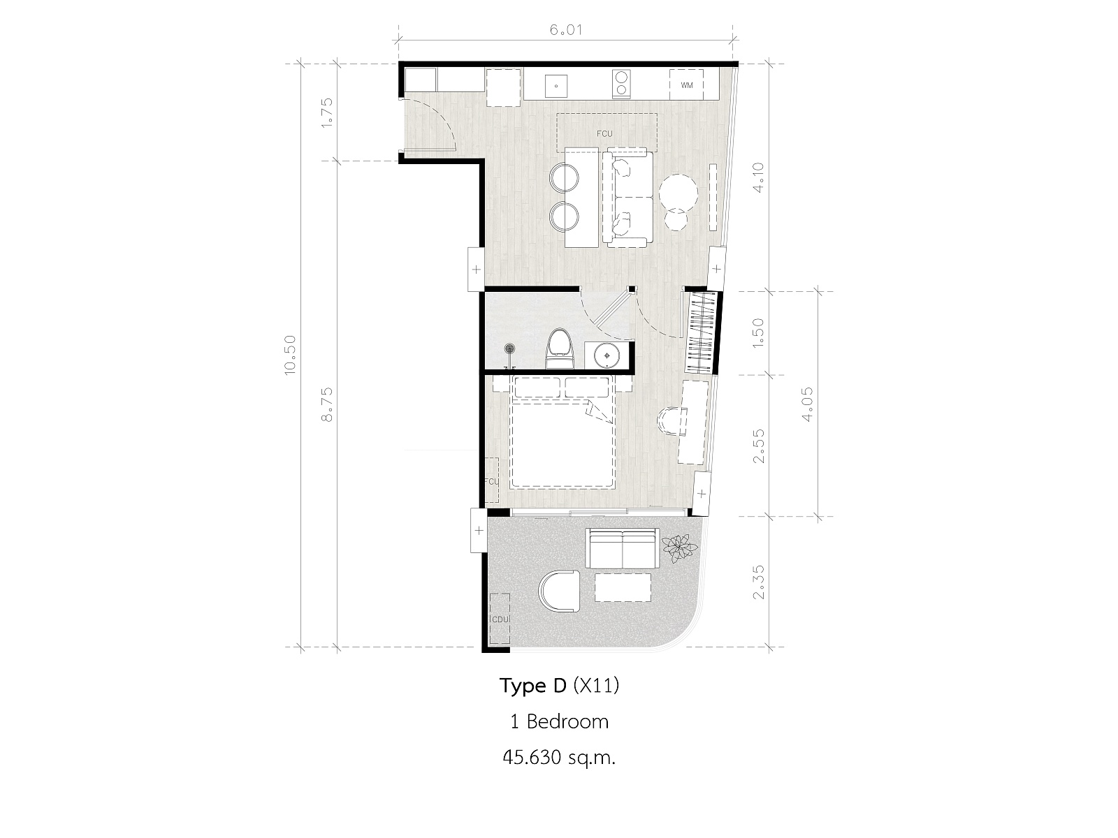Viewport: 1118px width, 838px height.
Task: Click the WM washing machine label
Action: (687, 85)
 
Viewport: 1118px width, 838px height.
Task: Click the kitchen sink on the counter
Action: (556, 86)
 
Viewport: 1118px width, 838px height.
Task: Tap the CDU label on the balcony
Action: (500, 619)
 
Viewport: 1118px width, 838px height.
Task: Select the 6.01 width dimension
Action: (565, 30)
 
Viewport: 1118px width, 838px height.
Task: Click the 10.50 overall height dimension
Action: (290, 355)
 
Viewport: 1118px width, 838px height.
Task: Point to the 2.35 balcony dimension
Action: (758, 582)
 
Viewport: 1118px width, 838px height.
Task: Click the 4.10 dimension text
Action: (757, 177)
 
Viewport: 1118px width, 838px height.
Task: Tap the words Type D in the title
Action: (532, 686)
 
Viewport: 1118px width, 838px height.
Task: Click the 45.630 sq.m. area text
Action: (559, 758)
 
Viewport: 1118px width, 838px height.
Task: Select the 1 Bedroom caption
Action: (559, 721)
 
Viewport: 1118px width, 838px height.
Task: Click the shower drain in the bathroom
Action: (509, 348)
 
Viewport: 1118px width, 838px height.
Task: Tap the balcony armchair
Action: (559, 591)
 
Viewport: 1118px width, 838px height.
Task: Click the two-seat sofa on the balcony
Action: (623, 548)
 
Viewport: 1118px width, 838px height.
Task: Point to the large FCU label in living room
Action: (604, 134)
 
